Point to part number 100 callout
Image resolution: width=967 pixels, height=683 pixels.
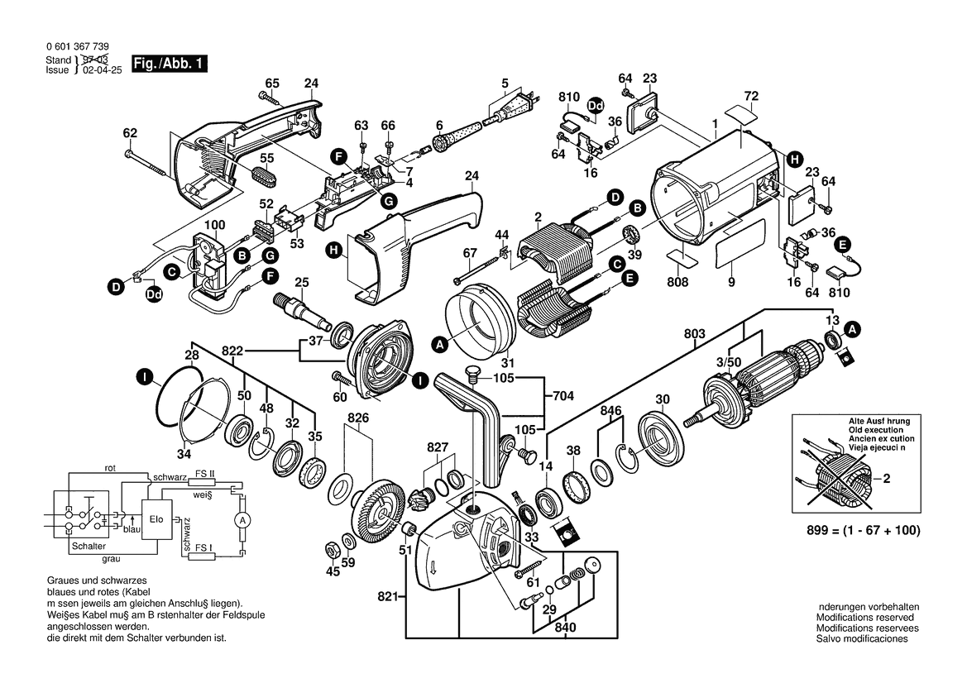(x=215, y=226)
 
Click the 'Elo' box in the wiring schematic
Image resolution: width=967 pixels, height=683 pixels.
(x=156, y=520)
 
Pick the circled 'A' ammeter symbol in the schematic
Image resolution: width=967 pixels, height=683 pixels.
(x=242, y=519)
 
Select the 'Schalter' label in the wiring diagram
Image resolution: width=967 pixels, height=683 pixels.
(x=89, y=547)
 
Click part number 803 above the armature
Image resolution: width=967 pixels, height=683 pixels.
(x=696, y=333)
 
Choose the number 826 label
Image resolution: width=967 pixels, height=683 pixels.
(x=357, y=418)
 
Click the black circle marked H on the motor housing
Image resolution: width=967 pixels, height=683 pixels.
(x=793, y=158)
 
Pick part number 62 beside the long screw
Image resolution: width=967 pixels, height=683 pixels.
(x=130, y=132)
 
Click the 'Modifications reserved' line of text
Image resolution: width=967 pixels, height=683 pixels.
(x=864, y=618)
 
